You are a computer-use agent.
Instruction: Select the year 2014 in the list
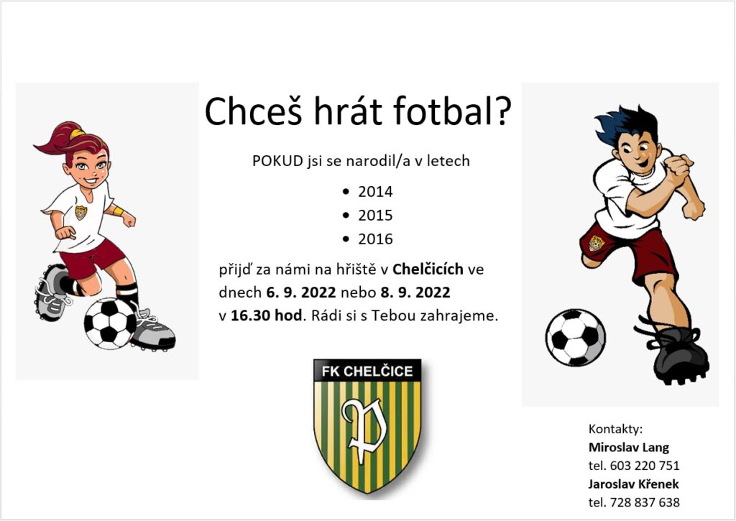tap(375, 191)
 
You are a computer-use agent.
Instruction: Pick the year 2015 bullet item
tap(375, 215)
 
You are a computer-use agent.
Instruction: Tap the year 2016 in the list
tap(375, 239)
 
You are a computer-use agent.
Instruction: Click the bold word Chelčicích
tap(428, 269)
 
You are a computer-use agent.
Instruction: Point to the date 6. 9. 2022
tap(301, 292)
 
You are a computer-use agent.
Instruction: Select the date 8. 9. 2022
tap(415, 292)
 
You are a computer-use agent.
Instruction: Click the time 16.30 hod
tap(266, 315)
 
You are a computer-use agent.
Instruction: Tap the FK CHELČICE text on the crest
tap(367, 372)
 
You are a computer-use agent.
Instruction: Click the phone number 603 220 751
tap(645, 466)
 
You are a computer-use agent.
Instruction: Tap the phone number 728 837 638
tap(645, 502)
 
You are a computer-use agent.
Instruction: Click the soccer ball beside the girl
tap(110, 323)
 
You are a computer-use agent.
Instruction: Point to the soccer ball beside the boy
tap(576, 338)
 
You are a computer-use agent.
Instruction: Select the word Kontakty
tap(615, 429)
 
